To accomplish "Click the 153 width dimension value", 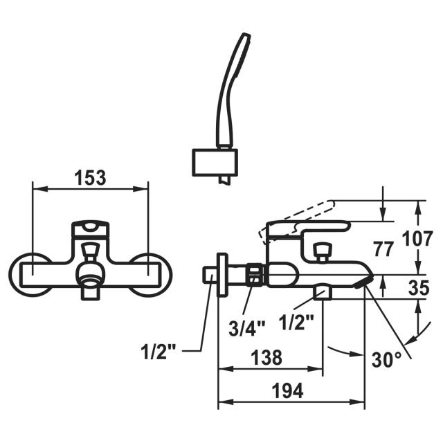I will (x=90, y=177).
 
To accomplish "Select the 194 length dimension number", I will (x=287, y=390).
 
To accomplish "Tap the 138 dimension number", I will (x=266, y=358).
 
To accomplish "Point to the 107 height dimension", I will (x=419, y=239).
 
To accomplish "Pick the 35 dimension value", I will (x=419, y=287).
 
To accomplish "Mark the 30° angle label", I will (x=386, y=360).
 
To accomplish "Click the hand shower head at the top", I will (x=235, y=69).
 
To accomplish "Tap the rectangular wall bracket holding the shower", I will (x=215, y=162).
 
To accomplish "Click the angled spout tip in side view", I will (x=363, y=280).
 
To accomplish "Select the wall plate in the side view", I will (x=221, y=275).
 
